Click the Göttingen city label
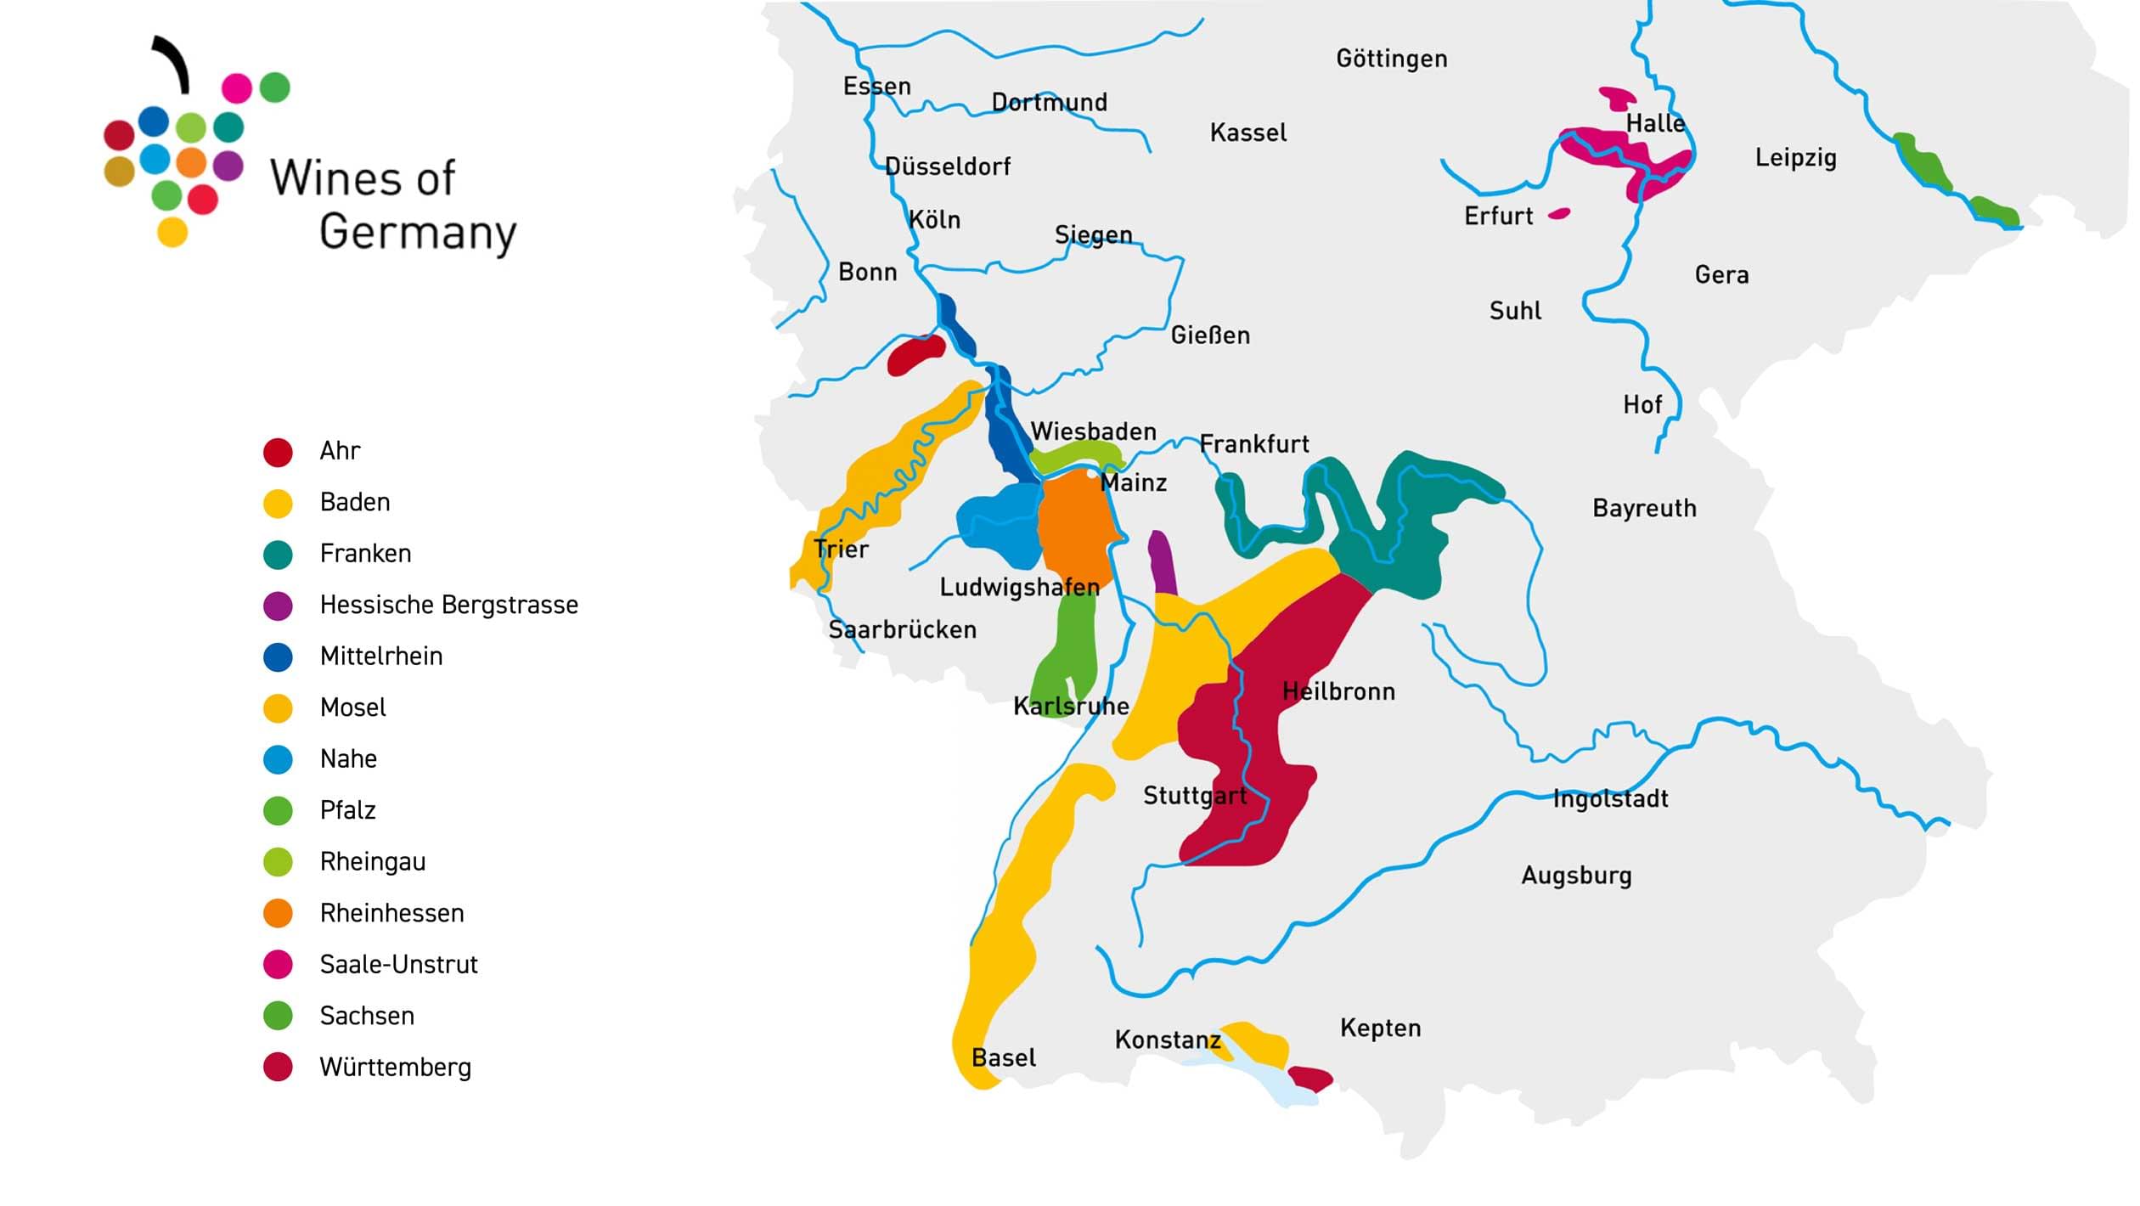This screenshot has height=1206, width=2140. point(1391,59)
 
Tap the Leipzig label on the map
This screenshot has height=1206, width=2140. point(1795,158)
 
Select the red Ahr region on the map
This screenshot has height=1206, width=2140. point(914,354)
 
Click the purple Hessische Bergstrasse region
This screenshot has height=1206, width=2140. point(1162,563)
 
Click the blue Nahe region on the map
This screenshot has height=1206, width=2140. point(998,522)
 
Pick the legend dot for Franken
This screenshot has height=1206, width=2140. point(278,555)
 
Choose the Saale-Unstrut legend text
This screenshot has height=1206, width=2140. point(398,965)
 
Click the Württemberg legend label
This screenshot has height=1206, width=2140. point(395,1068)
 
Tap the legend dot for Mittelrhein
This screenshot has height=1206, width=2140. point(278,657)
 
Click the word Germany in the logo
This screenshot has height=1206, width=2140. point(417,232)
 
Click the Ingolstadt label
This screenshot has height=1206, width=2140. point(1610,799)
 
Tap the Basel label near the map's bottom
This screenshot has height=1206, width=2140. point(1003,1058)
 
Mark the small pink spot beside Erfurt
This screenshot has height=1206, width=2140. point(1559,214)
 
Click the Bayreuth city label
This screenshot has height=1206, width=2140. point(1644,508)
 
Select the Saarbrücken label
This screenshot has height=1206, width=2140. point(902,630)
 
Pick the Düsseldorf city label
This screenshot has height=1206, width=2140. point(947,166)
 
